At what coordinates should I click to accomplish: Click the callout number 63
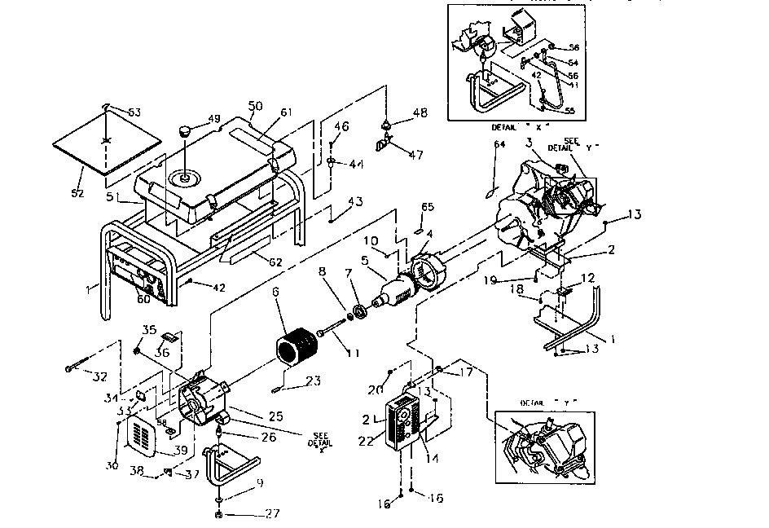[x=134, y=112]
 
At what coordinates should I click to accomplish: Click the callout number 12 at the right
[x=588, y=279]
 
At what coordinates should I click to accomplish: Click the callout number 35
[x=149, y=329]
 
